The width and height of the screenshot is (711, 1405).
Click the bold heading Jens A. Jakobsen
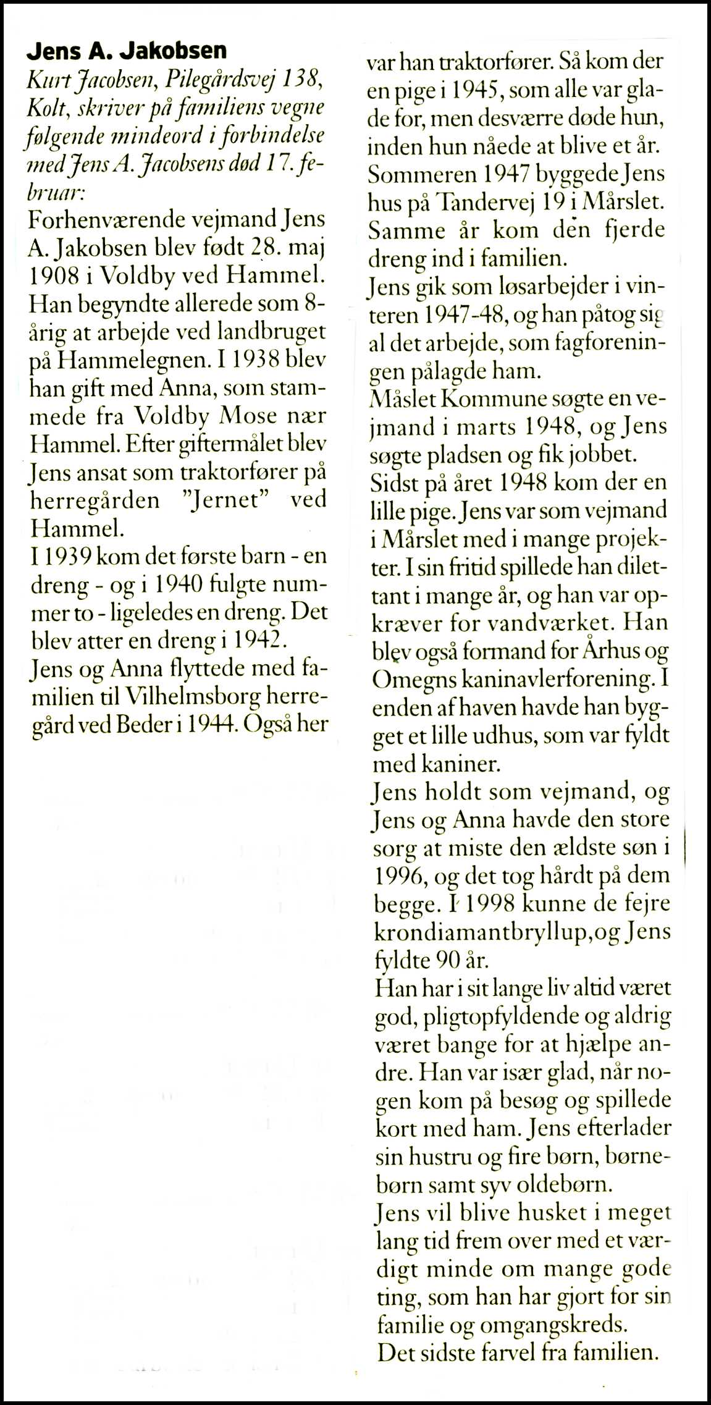pos(127,51)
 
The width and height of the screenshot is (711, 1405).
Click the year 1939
pos(68,557)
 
